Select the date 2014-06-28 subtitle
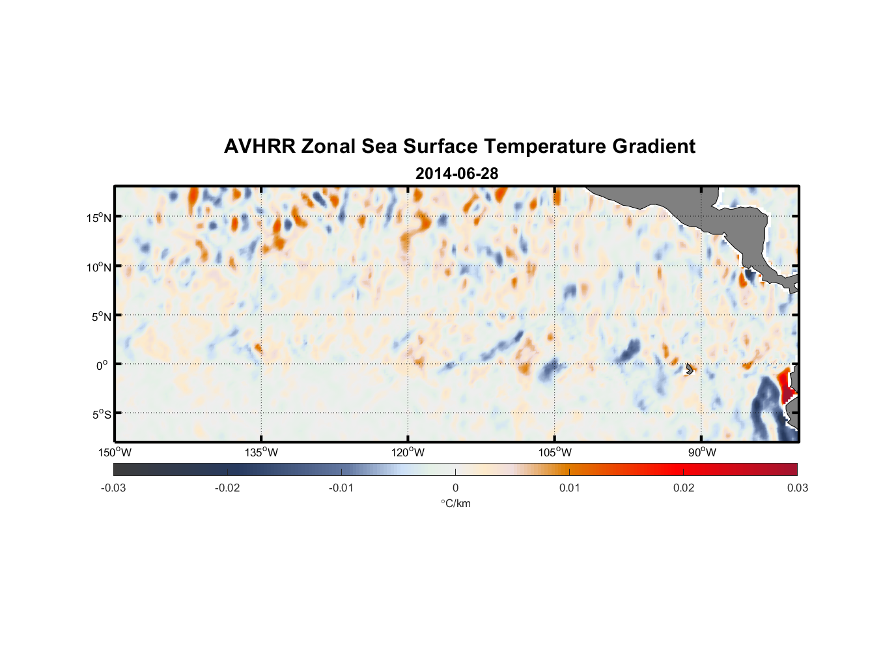pos(456,174)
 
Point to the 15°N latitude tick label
pos(99,217)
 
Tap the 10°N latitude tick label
pos(99,267)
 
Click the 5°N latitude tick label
pos(102,316)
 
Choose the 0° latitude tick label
pos(103,365)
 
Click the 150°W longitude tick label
pos(115,452)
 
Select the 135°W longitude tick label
pos(262,452)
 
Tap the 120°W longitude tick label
pos(408,452)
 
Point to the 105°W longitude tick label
pos(555,452)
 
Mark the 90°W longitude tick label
pos(702,452)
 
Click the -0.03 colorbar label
pos(113,488)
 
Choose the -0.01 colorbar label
pos(341,488)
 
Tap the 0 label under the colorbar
pos(455,488)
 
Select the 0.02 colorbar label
pos(684,488)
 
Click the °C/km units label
pos(456,503)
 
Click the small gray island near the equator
pos(690,368)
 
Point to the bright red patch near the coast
pos(786,385)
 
